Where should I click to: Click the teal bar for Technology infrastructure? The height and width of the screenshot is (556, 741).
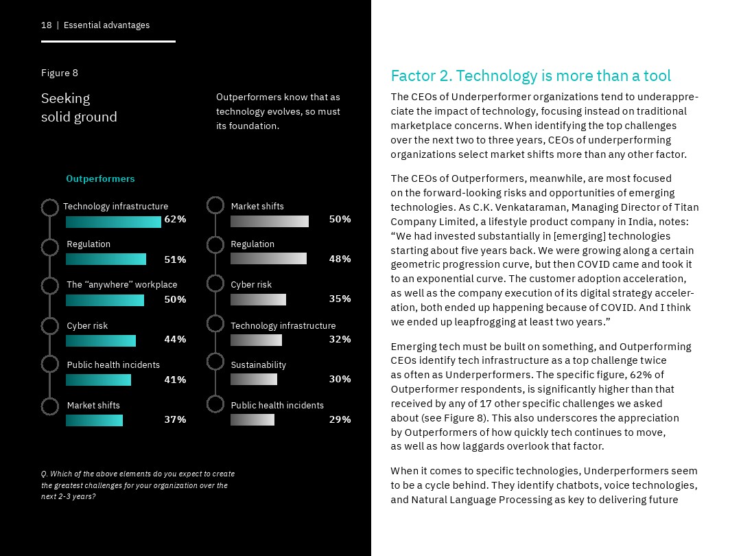(113, 222)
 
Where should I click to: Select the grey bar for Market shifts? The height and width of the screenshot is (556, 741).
(269, 221)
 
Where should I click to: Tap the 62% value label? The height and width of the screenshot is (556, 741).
(175, 220)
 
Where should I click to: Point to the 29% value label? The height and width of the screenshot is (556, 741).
(340, 419)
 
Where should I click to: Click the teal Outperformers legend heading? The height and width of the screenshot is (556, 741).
(100, 179)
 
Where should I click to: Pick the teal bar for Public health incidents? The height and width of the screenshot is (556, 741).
(98, 380)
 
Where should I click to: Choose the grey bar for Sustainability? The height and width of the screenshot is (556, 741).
(253, 380)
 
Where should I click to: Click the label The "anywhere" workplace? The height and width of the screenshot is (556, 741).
(121, 285)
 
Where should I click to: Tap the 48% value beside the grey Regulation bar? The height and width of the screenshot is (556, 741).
(340, 259)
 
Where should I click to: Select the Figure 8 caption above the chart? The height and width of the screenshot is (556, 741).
(60, 73)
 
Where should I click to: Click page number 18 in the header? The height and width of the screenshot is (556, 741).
(47, 25)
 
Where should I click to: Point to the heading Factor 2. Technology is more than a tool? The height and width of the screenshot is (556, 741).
(530, 76)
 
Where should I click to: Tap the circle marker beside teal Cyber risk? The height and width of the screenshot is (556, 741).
(50, 326)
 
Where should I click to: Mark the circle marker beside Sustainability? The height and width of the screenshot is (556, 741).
(215, 362)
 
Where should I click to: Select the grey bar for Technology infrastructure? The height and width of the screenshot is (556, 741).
(256, 340)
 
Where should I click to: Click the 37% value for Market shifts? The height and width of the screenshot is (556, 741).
(175, 419)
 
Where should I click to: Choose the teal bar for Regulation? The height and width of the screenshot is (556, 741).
(106, 259)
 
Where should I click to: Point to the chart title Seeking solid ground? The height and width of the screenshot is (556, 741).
(79, 108)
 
